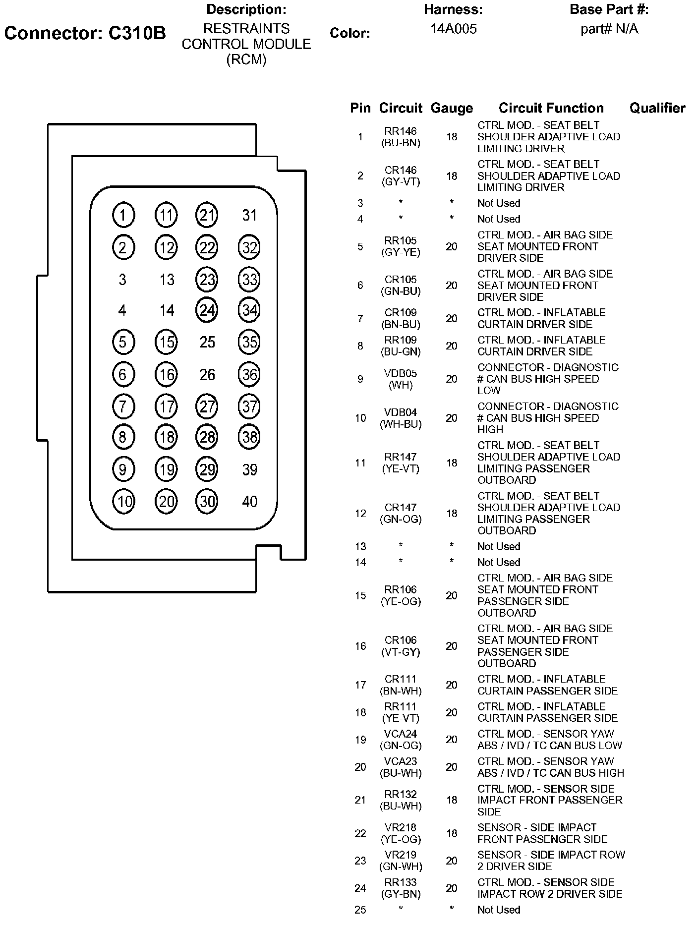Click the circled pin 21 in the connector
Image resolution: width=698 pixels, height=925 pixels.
(x=207, y=215)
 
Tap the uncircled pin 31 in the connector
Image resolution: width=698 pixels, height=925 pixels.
(x=249, y=215)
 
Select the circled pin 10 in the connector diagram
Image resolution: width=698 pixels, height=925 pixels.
(x=123, y=502)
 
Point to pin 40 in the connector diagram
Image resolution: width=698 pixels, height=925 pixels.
(x=249, y=502)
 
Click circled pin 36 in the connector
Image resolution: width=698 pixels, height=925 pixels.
(x=249, y=375)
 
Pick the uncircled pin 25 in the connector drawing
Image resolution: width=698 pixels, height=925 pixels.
(x=207, y=342)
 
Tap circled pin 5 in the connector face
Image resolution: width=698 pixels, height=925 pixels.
(x=123, y=342)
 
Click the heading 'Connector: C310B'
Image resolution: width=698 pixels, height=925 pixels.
(x=85, y=33)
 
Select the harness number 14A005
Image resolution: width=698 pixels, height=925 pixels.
(x=453, y=29)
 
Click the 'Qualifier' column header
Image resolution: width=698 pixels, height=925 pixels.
(x=657, y=108)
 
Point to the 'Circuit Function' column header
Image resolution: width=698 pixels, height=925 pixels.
(x=551, y=108)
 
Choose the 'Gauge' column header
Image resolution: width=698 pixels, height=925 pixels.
(x=452, y=108)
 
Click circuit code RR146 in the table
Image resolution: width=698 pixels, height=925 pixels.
(x=401, y=131)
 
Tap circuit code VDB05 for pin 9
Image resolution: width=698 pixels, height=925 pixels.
(x=401, y=373)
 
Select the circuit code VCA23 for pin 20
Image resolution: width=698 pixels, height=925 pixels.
(x=401, y=761)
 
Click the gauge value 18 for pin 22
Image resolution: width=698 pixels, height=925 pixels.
(x=452, y=833)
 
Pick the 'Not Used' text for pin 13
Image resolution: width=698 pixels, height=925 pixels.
(x=499, y=546)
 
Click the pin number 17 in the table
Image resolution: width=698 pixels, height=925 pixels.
(x=360, y=685)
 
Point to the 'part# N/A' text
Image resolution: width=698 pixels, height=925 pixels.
(x=609, y=29)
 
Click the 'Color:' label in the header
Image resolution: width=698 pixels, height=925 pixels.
(x=349, y=33)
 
